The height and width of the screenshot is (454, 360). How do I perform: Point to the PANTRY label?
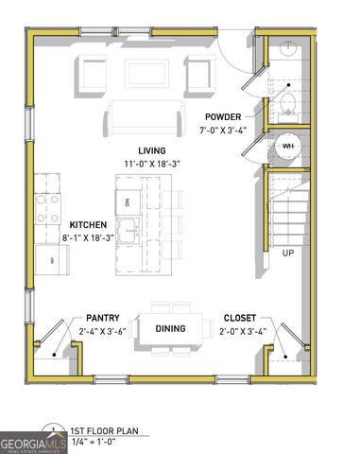(102, 319)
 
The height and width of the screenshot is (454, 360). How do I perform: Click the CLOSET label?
(238, 319)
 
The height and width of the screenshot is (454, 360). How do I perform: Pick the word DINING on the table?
(171, 328)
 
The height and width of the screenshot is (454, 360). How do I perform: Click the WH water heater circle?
(288, 147)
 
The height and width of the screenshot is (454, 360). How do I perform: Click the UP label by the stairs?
(287, 253)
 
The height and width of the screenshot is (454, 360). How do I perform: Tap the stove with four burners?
(48, 208)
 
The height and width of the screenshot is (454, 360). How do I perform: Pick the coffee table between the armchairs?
(146, 74)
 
